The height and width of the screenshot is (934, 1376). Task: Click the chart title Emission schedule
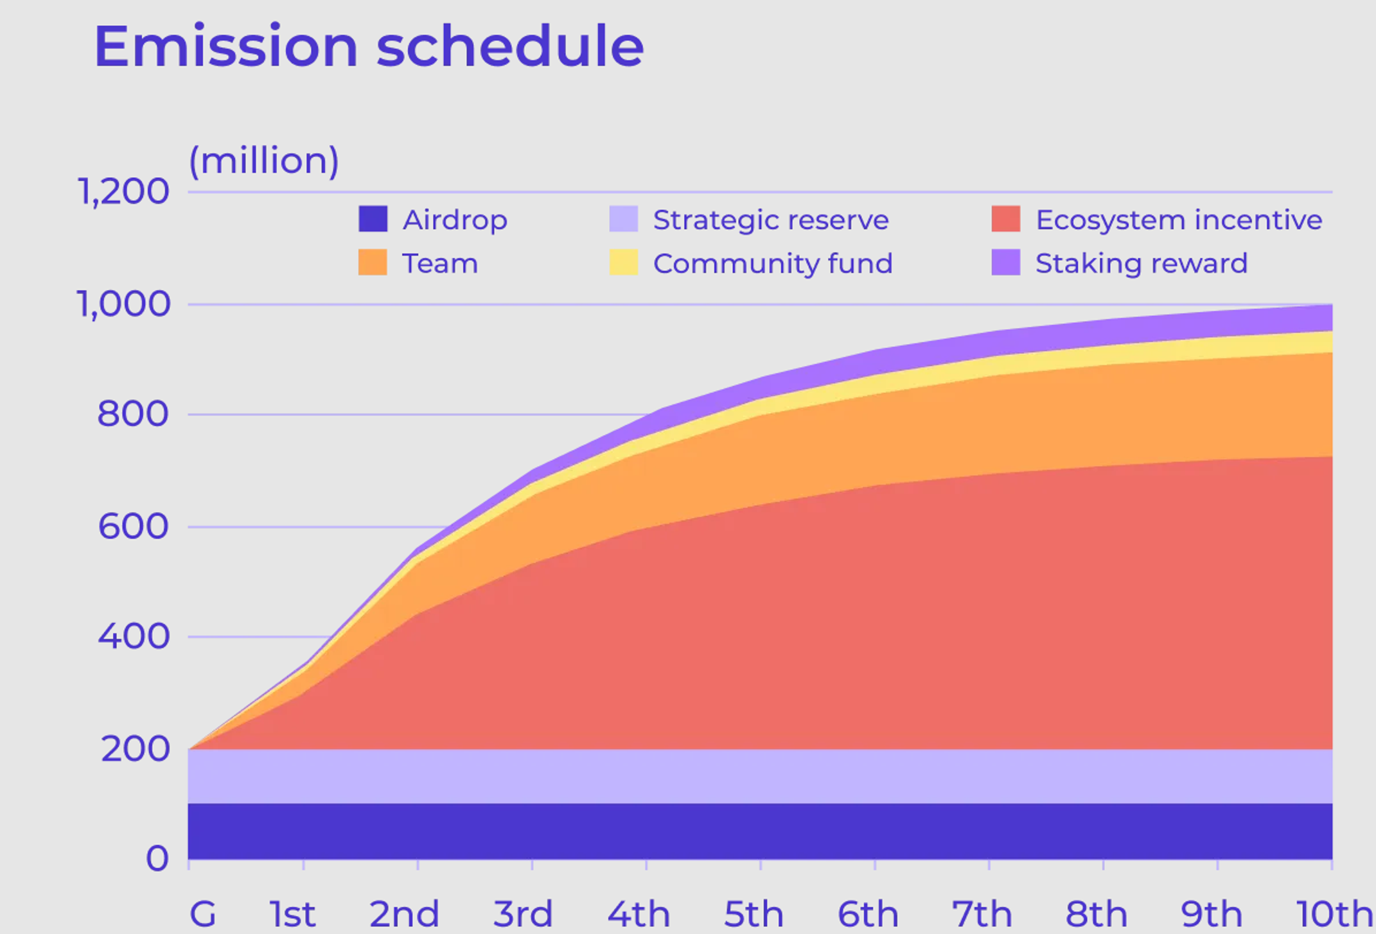[369, 46]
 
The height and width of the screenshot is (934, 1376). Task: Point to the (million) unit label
[263, 160]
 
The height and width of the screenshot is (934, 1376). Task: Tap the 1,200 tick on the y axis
[123, 191]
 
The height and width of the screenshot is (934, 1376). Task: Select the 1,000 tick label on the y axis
[123, 304]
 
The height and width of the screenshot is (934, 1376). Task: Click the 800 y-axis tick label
[133, 414]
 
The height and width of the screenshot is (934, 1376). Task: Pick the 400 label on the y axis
[134, 637]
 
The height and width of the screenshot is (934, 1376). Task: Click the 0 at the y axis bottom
[157, 859]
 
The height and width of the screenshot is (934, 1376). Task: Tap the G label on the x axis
[202, 913]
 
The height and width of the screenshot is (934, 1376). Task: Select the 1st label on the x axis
[292, 913]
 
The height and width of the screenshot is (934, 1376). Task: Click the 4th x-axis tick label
[639, 913]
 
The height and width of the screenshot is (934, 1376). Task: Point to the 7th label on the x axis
[982, 913]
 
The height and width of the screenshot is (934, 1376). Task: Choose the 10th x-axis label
[1335, 913]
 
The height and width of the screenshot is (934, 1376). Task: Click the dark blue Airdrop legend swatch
[373, 219]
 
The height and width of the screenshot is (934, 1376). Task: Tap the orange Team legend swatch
[373, 263]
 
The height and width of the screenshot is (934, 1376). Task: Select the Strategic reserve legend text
[770, 220]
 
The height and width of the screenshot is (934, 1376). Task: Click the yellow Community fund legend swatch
[623, 263]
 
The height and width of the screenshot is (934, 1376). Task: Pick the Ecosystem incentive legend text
[1178, 220]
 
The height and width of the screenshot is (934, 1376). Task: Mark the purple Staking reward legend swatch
[1005, 263]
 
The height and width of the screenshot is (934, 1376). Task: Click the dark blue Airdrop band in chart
[758, 831]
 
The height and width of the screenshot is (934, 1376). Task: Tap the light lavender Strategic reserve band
[758, 776]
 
